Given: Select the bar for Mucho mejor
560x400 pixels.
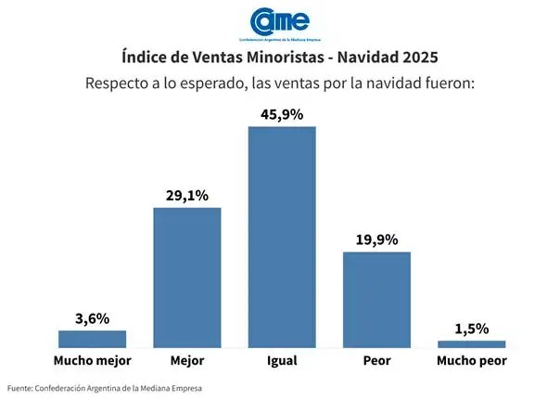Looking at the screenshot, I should point(92,339).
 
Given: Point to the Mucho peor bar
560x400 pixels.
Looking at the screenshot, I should point(472,344).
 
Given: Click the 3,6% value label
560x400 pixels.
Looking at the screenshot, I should point(92,318).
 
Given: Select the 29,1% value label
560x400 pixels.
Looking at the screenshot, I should point(186,196).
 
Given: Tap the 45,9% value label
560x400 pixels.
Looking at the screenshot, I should point(282,114).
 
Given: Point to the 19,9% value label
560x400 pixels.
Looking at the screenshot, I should point(376,240).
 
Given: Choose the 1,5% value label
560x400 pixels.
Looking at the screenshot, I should point(472,329).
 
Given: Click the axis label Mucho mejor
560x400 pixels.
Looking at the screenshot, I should point(92,360).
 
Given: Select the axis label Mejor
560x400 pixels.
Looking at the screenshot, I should point(186,360).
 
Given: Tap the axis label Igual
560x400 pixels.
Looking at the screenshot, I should point(282,360).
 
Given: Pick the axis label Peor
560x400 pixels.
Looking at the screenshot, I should point(376,360).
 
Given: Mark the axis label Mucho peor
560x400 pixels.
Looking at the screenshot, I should point(472,360).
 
